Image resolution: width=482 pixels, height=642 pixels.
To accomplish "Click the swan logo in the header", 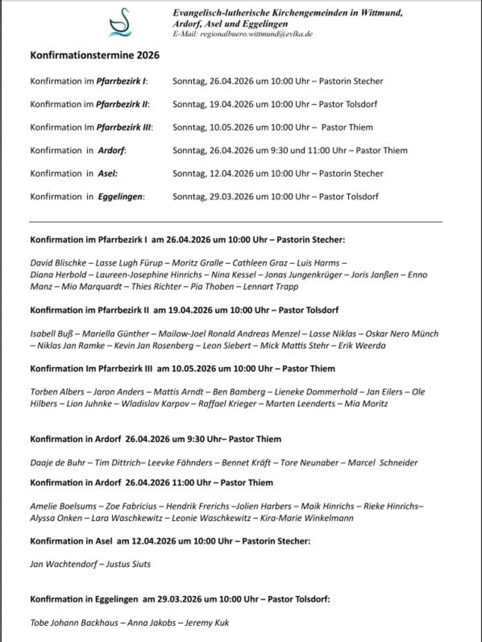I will [120, 23].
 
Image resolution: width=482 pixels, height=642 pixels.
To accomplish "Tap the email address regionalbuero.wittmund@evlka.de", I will [256, 34].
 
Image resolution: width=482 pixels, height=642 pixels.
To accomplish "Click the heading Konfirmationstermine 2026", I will [95, 55].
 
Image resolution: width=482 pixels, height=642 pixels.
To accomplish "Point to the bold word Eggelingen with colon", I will [121, 197].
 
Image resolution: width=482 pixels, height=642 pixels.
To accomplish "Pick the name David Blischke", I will [58, 263].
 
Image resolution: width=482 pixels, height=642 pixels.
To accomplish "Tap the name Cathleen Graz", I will [260, 263].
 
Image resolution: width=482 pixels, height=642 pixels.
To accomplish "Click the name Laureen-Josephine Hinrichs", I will [149, 275].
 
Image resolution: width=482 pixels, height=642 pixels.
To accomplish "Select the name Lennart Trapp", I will [271, 286].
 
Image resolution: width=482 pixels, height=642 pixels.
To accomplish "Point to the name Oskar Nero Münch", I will [402, 334].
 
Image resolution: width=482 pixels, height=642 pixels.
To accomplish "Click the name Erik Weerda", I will [362, 345].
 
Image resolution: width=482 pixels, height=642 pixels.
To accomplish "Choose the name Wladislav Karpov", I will [155, 404].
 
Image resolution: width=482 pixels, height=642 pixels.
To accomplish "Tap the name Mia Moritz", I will [366, 404].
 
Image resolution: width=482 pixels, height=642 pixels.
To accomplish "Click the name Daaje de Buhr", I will [58, 463].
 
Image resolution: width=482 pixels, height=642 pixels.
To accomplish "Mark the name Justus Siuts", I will [128, 564].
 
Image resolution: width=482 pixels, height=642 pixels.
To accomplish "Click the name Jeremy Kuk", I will [207, 623].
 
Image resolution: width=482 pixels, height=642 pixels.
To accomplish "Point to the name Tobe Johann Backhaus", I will [74, 623].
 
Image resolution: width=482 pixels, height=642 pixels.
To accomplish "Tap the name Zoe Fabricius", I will [131, 506].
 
